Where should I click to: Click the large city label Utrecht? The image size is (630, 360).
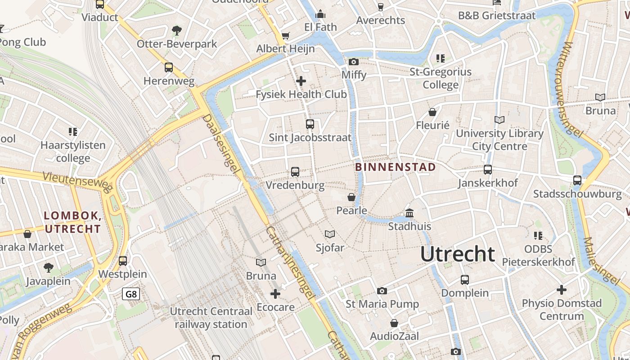tap(458, 254)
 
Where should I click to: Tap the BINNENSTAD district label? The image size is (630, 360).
tap(396, 167)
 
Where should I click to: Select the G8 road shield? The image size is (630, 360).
tap(131, 294)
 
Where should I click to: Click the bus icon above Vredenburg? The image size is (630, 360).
tap(295, 171)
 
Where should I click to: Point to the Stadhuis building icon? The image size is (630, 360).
tap(409, 213)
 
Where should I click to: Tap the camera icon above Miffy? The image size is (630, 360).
tap(354, 62)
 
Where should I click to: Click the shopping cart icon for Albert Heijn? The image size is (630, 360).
tap(285, 36)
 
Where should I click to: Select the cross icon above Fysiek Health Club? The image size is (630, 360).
tap(301, 81)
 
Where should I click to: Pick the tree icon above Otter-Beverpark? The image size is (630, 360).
tap(177, 31)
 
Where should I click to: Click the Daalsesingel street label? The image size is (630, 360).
tap(220, 143)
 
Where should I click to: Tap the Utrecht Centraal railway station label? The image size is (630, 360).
tap(211, 318)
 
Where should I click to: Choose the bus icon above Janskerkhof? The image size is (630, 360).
tap(488, 170)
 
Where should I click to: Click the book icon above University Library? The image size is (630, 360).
tap(499, 120)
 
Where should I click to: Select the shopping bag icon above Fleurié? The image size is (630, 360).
tap(432, 112)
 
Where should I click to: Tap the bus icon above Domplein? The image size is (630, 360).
tap(465, 280)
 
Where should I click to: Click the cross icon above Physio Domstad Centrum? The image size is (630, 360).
tap(562, 290)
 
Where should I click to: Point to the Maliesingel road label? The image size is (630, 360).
tap(601, 261)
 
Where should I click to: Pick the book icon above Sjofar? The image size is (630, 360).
tap(330, 234)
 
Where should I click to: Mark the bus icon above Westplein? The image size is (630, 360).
tap(123, 261)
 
